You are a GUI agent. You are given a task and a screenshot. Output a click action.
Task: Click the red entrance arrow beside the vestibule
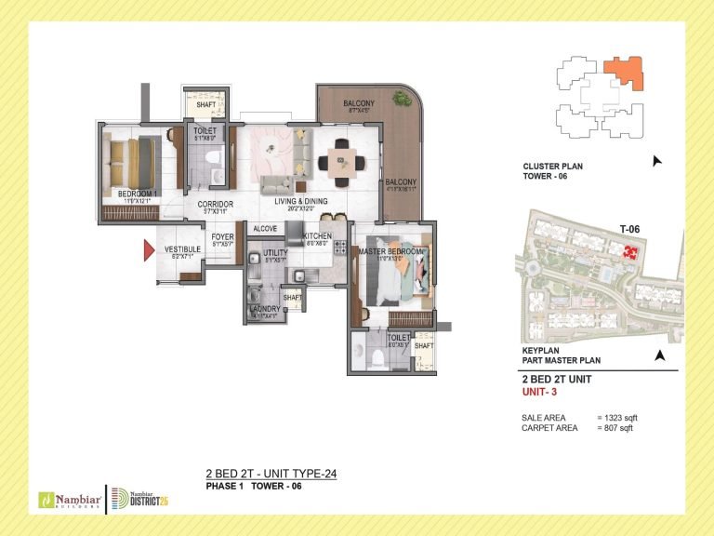click(146, 249)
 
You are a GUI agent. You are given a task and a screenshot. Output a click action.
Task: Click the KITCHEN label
click(316, 236)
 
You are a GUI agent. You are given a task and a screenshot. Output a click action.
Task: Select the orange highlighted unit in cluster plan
click(622, 72)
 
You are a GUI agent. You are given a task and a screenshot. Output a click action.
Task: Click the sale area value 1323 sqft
click(619, 418)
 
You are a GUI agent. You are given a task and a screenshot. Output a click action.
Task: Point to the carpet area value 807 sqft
click(617, 428)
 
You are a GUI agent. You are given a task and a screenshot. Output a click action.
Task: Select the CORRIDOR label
click(215, 204)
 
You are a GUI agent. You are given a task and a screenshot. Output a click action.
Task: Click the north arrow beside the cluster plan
click(658, 161)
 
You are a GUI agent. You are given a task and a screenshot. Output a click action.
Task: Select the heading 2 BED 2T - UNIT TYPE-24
click(270, 474)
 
